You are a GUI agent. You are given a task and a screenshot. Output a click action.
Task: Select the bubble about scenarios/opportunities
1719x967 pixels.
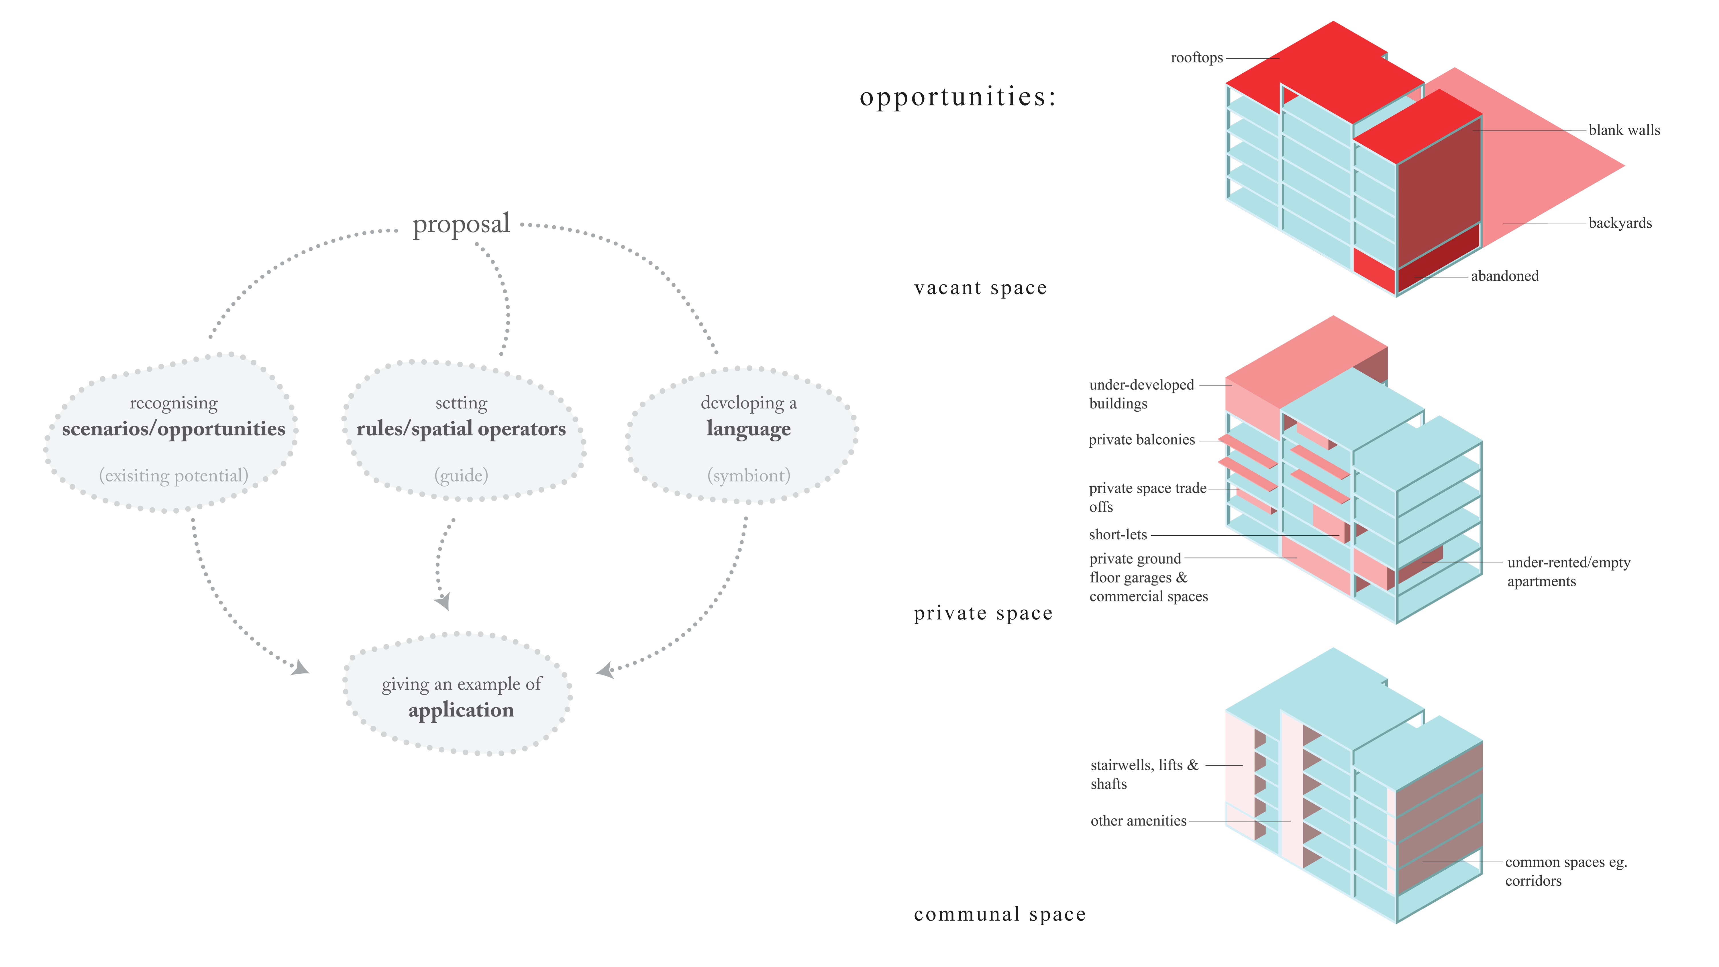pos(172,433)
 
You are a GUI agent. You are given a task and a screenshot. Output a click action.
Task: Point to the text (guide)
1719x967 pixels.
pos(461,475)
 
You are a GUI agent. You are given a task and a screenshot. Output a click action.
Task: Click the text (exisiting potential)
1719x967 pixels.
pos(174,475)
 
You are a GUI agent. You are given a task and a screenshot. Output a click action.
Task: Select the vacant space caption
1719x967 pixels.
pos(980,288)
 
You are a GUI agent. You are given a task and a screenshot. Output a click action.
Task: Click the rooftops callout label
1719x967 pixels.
pos(1196,58)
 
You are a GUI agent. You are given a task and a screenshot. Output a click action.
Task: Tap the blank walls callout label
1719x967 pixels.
pos(1624,130)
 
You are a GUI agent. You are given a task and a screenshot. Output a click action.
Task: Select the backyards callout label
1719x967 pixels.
pos(1620,223)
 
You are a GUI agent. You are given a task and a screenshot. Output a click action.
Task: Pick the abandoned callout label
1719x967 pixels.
pos(1504,276)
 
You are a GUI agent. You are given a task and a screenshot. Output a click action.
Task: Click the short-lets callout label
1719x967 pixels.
pos(1118,534)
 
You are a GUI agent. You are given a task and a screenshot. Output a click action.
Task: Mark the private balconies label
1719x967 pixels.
pos(1141,440)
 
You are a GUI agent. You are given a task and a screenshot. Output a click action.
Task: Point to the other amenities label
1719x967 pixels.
pos(1138,821)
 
